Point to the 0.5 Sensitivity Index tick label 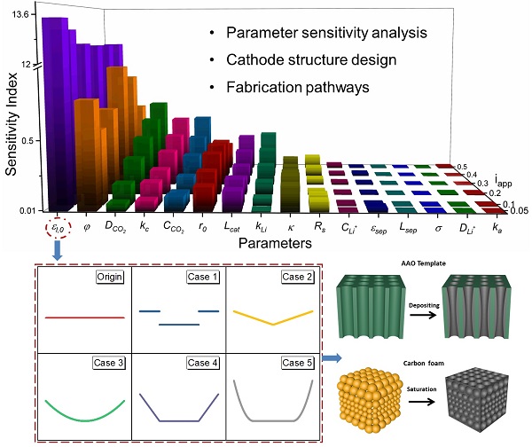[27, 140]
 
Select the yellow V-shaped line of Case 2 [272, 316]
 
